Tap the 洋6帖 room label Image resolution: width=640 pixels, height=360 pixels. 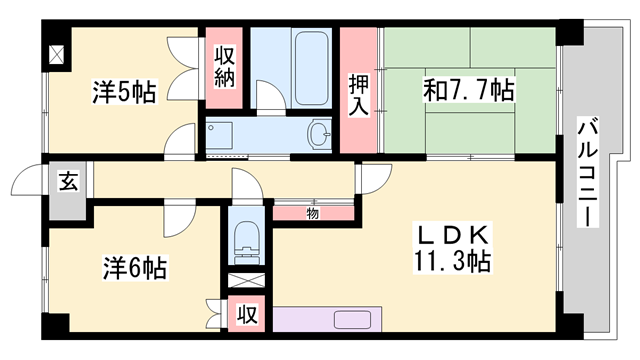pos(132,268)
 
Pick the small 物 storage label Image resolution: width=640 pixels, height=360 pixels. pos(312,212)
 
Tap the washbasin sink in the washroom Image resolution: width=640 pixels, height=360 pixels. pos(320,134)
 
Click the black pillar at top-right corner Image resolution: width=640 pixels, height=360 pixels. pos(569,32)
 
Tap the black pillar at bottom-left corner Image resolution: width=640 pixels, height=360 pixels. pos(55,325)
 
